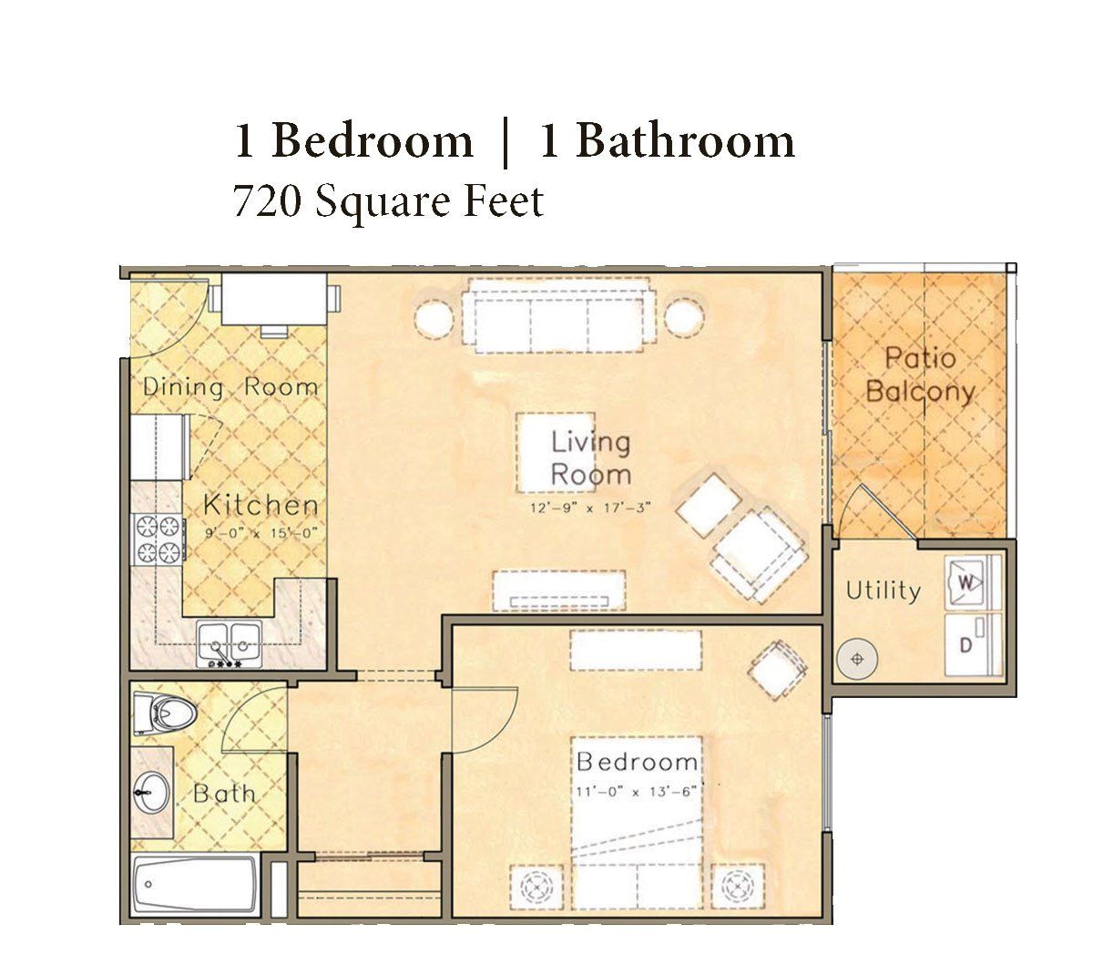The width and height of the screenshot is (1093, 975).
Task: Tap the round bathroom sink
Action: click(151, 792)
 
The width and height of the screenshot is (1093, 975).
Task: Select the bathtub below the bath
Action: click(196, 884)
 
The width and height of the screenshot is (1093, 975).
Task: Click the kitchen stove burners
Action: click(158, 539)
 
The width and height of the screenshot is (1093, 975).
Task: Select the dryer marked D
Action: click(967, 644)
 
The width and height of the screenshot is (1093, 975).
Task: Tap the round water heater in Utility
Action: click(857, 659)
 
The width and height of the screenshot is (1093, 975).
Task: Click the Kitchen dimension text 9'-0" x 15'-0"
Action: click(261, 534)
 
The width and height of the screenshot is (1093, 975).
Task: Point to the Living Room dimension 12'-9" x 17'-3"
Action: click(590, 508)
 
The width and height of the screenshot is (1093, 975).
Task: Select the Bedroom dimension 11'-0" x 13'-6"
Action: click(636, 793)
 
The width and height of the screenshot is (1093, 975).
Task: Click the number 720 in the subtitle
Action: click(267, 202)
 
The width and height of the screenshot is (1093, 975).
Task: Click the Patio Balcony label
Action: click(920, 375)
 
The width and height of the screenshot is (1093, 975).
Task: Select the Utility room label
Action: click(884, 590)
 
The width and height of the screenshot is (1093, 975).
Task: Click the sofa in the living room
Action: click(558, 315)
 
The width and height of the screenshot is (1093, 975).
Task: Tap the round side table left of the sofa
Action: click(434, 318)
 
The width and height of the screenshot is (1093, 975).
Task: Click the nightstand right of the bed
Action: click(738, 887)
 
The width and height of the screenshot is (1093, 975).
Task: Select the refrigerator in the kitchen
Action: click(159, 447)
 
